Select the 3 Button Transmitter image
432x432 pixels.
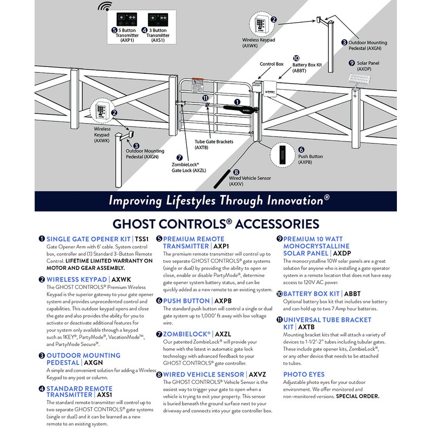158,17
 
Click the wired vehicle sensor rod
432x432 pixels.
221,178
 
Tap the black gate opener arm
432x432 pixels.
237,106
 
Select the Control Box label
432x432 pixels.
272,64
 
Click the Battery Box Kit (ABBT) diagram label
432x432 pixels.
307,67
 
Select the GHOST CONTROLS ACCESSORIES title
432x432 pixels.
215,223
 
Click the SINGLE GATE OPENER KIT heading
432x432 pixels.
89,239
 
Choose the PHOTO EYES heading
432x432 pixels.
304,374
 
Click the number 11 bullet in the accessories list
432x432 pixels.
280,320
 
